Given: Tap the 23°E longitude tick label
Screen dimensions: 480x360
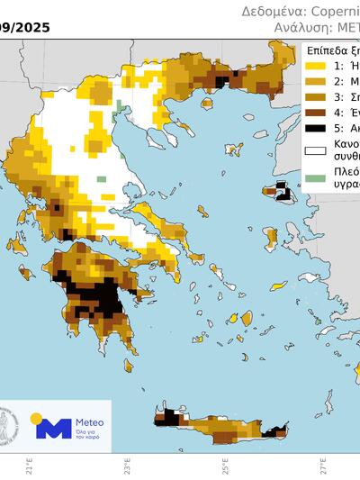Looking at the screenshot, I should coord(128,468).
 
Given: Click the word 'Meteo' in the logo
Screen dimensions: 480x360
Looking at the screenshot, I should coord(88,421).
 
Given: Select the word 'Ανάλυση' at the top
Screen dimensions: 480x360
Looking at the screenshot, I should coord(300,28).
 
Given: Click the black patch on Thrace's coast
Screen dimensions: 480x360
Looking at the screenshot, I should coord(220,81).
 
